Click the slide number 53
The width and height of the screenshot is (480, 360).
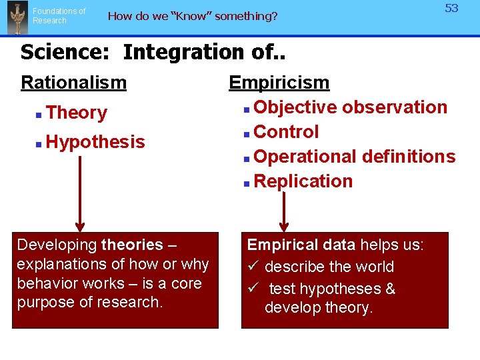pos(452,9)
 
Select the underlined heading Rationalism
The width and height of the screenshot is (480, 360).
pos(73,83)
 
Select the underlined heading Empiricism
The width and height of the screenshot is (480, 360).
pos(279,83)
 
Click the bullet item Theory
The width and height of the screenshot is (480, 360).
pos(77,113)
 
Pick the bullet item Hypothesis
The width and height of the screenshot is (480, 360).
pos(95,142)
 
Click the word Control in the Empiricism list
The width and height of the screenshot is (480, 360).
pos(286,132)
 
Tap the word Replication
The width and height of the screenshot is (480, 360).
pos(303,181)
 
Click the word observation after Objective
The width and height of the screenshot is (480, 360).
pos(395,107)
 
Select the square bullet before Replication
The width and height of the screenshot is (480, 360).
pos(247,183)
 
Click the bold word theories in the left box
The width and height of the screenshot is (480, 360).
pos(132,245)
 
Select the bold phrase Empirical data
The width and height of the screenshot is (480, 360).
pos(301,245)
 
